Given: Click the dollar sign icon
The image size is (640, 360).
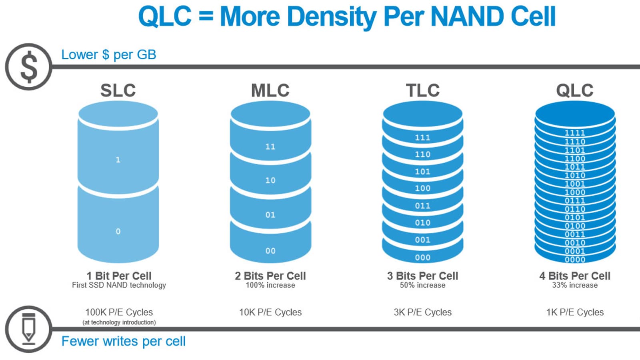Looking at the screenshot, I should pos(28,67).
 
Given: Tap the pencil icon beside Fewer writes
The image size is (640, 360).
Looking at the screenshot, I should pos(28,329).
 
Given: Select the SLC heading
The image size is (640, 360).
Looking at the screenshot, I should pos(118,90).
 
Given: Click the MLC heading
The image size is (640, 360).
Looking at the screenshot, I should pos(270,90).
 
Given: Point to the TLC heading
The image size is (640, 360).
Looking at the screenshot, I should pos(423,90).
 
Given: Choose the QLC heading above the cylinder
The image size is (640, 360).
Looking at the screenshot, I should pos(575,90).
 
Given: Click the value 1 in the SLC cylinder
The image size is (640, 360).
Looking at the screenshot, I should pos(118,160).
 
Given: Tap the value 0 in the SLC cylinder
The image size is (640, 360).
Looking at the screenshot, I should pos(118,231).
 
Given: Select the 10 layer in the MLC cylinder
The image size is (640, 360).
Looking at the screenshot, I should pos(270,180).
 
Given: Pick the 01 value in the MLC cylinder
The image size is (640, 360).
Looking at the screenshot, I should pos(270,215).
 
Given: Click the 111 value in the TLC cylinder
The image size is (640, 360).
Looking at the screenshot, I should pos(422,138).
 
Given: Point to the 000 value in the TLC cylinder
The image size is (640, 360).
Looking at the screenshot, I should pos(422,258).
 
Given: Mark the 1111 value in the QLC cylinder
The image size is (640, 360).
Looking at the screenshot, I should pos(575,133).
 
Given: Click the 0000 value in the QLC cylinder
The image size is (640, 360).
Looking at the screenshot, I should pos(575,260).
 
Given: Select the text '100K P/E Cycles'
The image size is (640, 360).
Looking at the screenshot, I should pos(119,312).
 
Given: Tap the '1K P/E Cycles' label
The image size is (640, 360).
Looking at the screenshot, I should pos(575,312).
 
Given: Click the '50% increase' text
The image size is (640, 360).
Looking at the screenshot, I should pos(422,285).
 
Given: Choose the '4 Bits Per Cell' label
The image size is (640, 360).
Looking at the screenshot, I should pos(575,276).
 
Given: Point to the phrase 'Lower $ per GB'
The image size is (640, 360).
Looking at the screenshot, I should pos(108,54).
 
